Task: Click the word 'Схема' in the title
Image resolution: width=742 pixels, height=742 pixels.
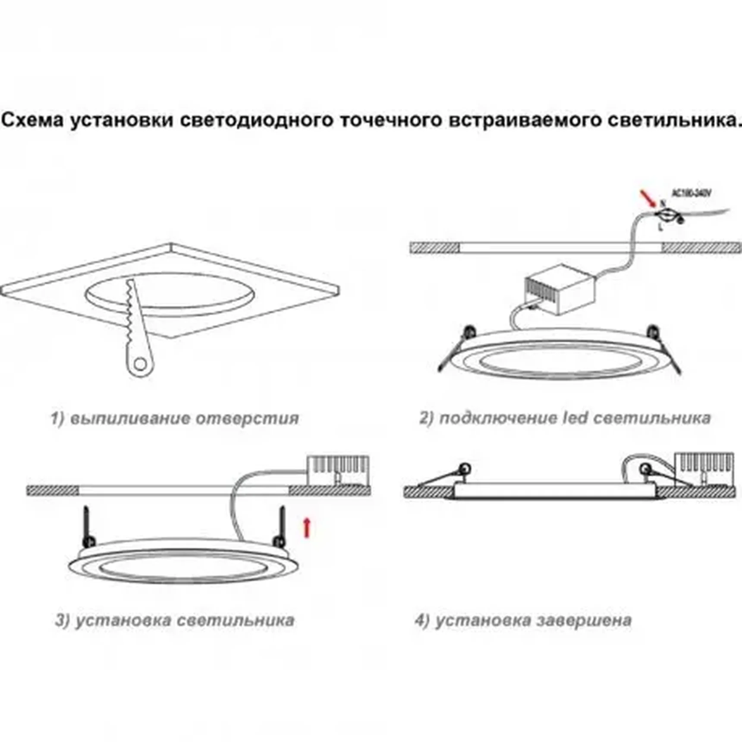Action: tap(32, 120)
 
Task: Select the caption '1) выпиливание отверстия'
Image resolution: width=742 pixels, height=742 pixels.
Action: tap(175, 418)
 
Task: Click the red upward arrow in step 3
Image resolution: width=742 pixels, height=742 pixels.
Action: tap(307, 528)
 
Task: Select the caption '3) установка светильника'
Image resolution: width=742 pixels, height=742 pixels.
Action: tap(175, 621)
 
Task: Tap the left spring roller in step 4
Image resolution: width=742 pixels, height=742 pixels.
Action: tap(465, 468)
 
